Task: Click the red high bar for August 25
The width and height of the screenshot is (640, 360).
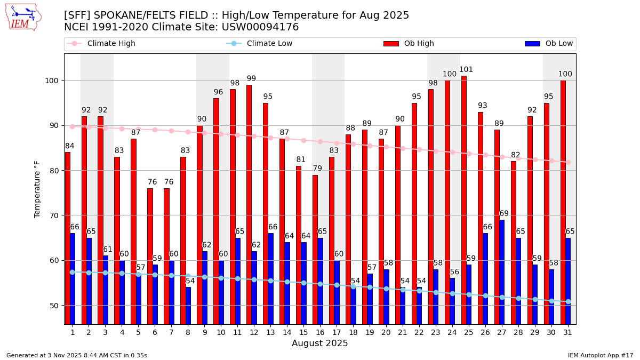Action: [x=464, y=200]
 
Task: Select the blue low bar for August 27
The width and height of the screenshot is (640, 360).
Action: [x=502, y=272]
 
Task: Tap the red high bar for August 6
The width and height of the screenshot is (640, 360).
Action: [x=150, y=256]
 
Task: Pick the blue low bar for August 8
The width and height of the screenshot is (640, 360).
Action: [x=188, y=306]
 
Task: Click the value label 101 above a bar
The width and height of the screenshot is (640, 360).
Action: [x=466, y=70]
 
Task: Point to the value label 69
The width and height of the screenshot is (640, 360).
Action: [x=504, y=214]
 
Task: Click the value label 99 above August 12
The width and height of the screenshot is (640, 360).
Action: [x=251, y=79]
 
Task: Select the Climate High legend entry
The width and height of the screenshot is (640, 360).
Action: [x=111, y=44]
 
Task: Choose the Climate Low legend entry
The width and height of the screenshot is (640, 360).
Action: [x=269, y=44]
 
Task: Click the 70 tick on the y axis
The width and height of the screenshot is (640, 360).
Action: [x=56, y=215]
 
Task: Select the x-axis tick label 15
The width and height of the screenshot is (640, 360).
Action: [x=303, y=332]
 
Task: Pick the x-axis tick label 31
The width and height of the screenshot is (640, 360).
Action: [x=567, y=332]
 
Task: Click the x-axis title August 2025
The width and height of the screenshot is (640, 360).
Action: [x=319, y=343]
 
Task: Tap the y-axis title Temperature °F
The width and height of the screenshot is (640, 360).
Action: [x=37, y=189]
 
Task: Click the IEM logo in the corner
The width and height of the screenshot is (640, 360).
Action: [x=23, y=17]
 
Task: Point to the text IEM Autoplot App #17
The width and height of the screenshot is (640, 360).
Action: [x=600, y=355]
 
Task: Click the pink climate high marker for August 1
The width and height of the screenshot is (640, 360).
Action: [x=73, y=126]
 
